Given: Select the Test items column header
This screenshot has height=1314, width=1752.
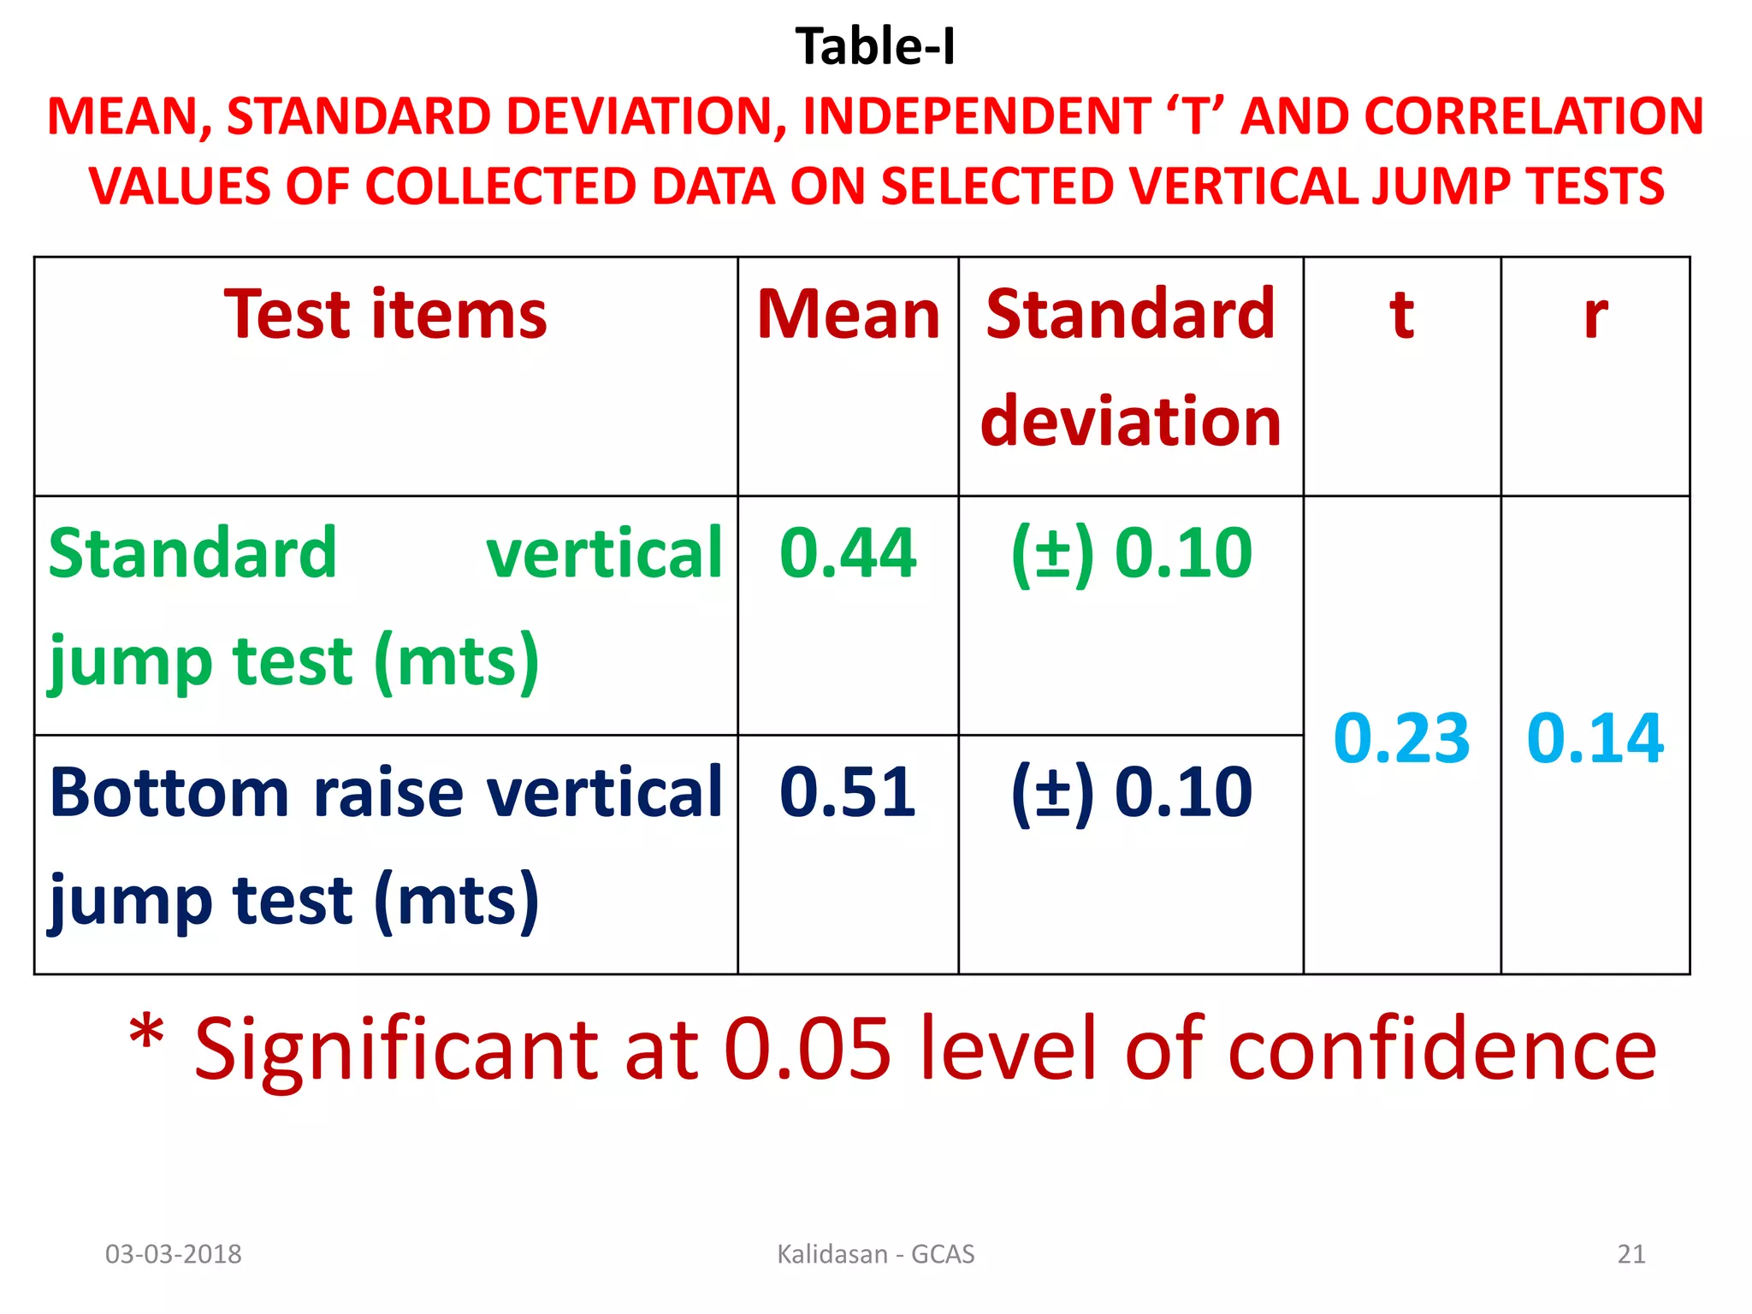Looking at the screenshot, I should click(x=385, y=315).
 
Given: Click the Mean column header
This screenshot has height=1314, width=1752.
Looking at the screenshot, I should click(x=848, y=315).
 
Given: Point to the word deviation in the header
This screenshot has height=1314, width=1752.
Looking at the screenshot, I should click(x=1130, y=421).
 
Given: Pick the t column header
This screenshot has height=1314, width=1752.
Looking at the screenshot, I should click(x=1401, y=315).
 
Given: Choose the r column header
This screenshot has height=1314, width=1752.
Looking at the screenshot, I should click(x=1595, y=315).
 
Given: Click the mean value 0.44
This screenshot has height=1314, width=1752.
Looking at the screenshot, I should click(x=848, y=553).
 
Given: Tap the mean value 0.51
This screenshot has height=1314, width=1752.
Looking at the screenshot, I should click(x=848, y=792).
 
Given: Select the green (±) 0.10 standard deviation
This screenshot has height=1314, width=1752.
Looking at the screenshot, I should click(x=1131, y=553).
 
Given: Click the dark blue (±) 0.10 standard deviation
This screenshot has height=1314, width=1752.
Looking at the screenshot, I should click(x=1131, y=792).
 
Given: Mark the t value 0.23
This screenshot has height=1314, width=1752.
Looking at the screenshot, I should click(x=1401, y=737).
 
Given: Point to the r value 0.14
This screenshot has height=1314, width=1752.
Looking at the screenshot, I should click(x=1595, y=737).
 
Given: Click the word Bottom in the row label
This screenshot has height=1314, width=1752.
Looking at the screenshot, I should click(x=169, y=792).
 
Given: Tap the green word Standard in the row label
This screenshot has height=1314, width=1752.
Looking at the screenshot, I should click(x=192, y=553).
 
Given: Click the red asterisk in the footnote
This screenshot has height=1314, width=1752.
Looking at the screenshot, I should click(x=146, y=1033).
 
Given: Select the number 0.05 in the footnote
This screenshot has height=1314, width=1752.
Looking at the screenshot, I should click(x=807, y=1049).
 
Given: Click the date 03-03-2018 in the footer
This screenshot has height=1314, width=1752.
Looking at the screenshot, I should click(x=173, y=1254).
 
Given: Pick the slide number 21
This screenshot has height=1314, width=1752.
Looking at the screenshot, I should click(x=1631, y=1254).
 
